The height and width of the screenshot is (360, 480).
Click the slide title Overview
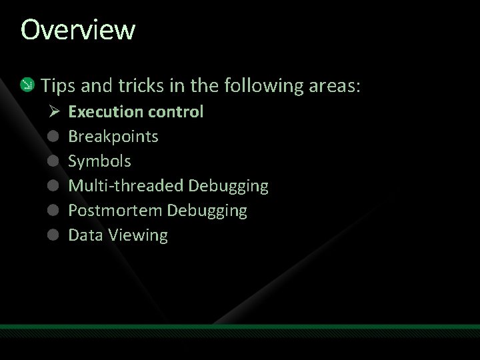click(77, 30)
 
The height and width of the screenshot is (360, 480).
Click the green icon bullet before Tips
click(27, 85)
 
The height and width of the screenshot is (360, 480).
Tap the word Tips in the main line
click(57, 85)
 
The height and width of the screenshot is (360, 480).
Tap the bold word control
click(175, 112)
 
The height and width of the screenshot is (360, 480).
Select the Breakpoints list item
click(113, 137)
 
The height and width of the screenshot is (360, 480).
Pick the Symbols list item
click(99, 161)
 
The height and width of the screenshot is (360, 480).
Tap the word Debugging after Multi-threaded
click(229, 186)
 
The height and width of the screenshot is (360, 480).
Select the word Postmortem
click(115, 211)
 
